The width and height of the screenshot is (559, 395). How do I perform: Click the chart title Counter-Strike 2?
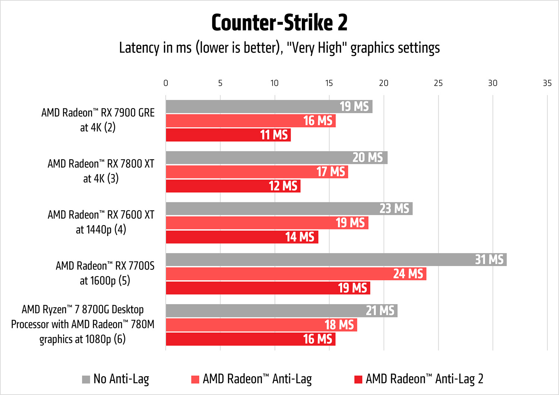pyautogui.click(x=279, y=23)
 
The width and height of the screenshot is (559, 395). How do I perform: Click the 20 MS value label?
pyautogui.click(x=367, y=158)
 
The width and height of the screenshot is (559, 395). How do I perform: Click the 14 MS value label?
pyautogui.click(x=300, y=237)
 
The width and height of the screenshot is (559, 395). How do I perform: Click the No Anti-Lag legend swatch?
pyautogui.click(x=86, y=379)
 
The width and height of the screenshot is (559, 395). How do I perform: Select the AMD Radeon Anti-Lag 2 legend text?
pyautogui.click(x=424, y=379)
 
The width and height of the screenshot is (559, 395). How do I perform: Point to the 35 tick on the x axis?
pyautogui.click(x=547, y=83)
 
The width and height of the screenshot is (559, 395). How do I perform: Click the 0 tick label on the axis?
pyautogui.click(x=166, y=83)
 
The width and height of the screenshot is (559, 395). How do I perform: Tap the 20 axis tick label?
pyautogui.click(x=383, y=83)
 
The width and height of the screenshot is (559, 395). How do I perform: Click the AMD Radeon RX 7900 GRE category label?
pyautogui.click(x=98, y=120)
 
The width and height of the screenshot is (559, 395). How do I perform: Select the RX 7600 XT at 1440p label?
pyautogui.click(x=101, y=222)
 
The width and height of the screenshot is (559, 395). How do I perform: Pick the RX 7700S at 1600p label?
pyautogui.click(x=105, y=273)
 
